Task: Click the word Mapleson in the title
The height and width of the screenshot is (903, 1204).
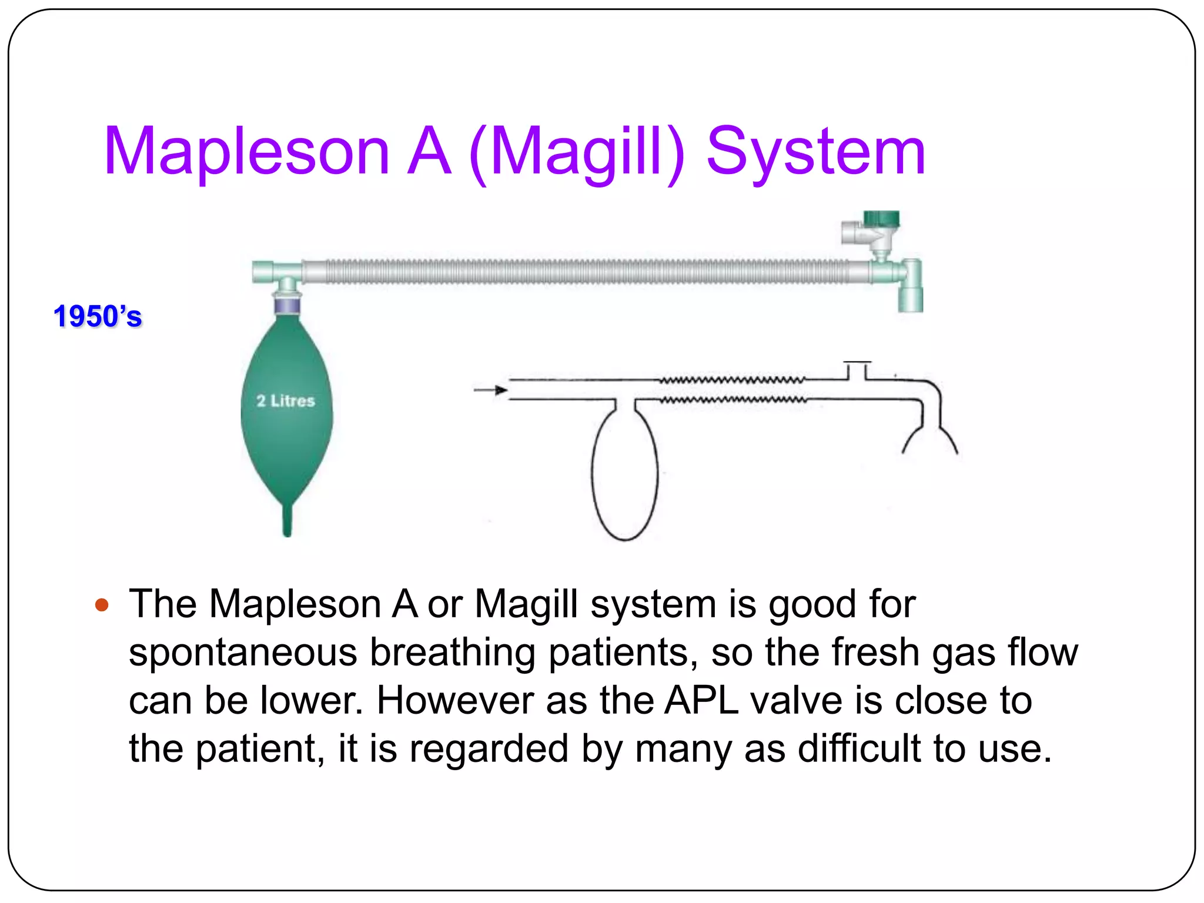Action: click(x=247, y=152)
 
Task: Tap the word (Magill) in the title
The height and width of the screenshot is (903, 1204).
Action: click(x=577, y=152)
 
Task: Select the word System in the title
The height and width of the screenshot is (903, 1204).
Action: click(x=815, y=152)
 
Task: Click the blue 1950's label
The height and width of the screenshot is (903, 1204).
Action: click(x=98, y=317)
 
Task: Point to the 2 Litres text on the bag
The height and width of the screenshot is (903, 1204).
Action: click(x=286, y=401)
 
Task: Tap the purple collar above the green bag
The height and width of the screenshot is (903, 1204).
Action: click(x=287, y=306)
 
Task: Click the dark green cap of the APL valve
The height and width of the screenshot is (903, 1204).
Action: click(x=881, y=219)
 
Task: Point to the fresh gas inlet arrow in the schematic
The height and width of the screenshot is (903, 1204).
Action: click(x=491, y=390)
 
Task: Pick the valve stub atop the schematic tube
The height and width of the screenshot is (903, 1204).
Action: click(x=857, y=370)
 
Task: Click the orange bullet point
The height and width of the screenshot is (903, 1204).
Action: click(x=102, y=604)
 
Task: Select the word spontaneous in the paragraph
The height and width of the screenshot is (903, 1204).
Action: click(x=243, y=653)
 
